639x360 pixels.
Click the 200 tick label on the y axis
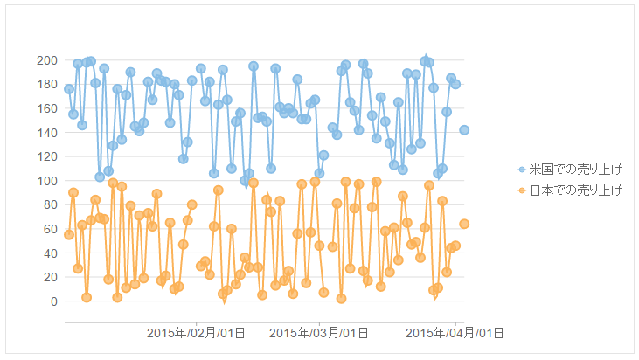click(x=47, y=60)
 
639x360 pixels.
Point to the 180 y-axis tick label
click(x=47, y=85)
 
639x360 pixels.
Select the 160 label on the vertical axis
click(x=47, y=108)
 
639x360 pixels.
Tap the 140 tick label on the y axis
click(x=47, y=133)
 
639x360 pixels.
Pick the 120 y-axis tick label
click(x=47, y=156)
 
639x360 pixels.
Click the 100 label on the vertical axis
click(x=47, y=181)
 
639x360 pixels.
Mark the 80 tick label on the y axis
click(x=50, y=204)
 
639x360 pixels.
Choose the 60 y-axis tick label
click(x=50, y=229)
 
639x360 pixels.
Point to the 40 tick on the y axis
click(x=50, y=253)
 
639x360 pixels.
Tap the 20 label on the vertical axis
click(x=50, y=277)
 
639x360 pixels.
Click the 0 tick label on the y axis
click(x=53, y=301)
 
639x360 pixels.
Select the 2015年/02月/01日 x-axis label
click(x=195, y=333)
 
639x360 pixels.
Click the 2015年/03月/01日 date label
click(x=318, y=333)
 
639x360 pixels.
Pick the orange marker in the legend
click(x=522, y=190)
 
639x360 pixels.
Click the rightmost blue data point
click(x=464, y=130)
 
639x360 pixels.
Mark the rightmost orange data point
click(x=464, y=224)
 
